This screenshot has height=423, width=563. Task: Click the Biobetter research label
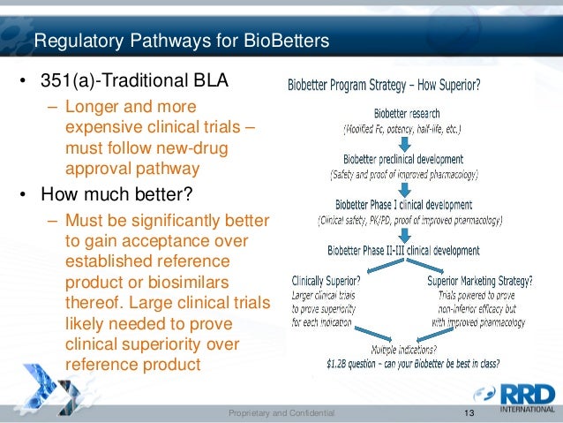[407, 114]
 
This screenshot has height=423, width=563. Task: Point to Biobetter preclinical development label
[403, 159]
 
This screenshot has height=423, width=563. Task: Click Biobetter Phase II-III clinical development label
[402, 250]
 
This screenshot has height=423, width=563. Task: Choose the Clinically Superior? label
[325, 282]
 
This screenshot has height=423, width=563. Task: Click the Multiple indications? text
[401, 349]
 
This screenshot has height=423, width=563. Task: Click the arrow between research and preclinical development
[403, 141]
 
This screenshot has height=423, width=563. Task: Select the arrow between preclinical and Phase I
[403, 187]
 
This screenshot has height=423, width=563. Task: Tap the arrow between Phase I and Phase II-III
[403, 233]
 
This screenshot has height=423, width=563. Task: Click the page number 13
[469, 413]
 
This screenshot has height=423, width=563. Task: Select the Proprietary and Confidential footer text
[281, 413]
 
